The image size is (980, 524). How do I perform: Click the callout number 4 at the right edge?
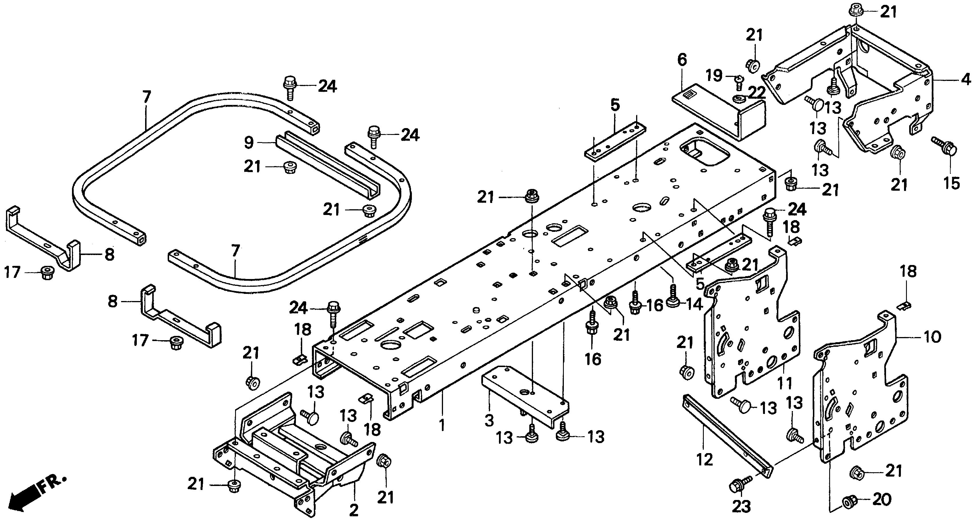682,60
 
